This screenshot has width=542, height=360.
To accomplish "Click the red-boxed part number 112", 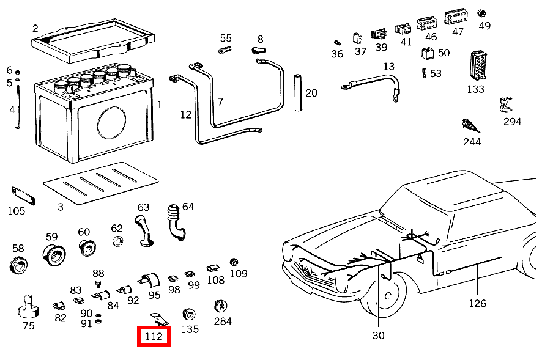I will click(154, 336).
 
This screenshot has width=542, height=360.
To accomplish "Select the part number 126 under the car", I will click(477, 303).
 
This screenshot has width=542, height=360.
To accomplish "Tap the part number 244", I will click(472, 142).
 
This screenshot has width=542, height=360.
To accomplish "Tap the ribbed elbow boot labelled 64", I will click(174, 221).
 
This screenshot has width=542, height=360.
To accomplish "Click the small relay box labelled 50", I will click(427, 53).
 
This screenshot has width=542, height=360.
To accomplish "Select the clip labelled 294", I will click(506, 105).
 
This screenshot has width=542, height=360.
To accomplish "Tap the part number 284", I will click(223, 321).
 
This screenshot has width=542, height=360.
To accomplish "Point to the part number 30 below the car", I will click(378, 336).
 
